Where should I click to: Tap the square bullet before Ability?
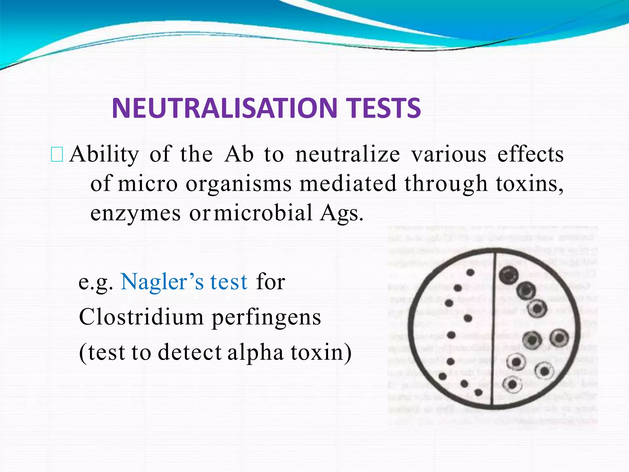point(57,155)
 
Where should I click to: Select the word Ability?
point(104,155)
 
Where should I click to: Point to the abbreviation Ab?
point(239,154)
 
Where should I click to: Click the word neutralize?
point(347,154)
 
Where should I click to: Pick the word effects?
point(530,154)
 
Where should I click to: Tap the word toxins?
point(529,183)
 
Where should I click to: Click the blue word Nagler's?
point(162,281)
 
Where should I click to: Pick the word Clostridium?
point(141,317)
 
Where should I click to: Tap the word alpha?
point(256,353)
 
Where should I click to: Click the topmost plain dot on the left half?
point(471,272)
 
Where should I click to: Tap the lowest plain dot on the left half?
point(479,392)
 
